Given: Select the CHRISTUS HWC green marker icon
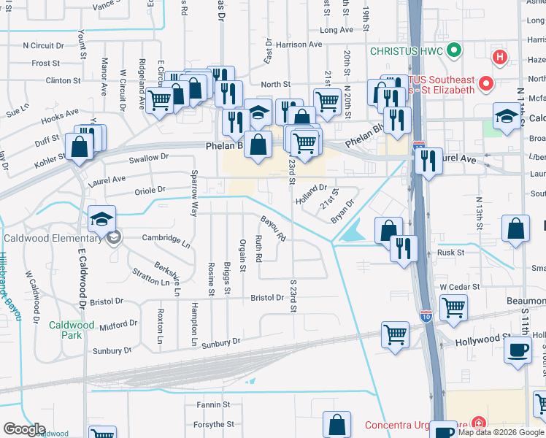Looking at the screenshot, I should click(454, 51).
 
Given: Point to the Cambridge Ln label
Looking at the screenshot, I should click(166, 238).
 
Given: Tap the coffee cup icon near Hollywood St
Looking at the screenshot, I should click(518, 349).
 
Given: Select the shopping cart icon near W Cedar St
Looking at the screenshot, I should click(453, 307).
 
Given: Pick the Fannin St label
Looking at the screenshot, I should click(213, 404).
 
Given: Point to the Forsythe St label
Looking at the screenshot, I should click(214, 423).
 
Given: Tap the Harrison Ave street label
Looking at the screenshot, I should click(299, 45).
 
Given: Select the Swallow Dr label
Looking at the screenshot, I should click(148, 158).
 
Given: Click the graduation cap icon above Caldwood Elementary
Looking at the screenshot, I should click(102, 218).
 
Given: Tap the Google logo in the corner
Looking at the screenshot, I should click(24, 429).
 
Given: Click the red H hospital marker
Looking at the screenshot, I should click(500, 57).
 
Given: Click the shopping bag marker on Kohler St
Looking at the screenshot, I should click(79, 146).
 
